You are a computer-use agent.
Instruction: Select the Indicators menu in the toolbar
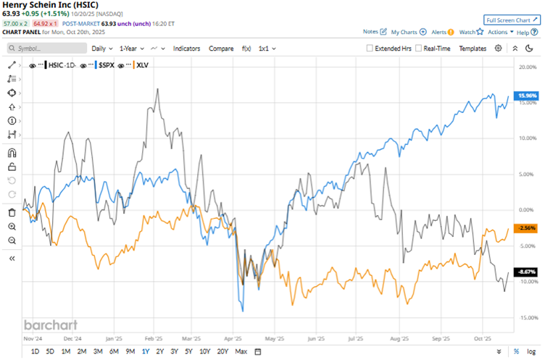coord(186,48)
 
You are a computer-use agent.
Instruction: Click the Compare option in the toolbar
coord(221,48)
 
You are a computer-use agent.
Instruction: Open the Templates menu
coord(473,48)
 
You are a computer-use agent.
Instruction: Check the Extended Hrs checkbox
coord(370,48)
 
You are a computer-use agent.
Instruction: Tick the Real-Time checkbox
coord(419,48)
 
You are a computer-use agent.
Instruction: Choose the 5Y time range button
coord(188,351)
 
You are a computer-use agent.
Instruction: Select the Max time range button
coord(241,351)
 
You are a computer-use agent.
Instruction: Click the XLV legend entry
coord(146,65)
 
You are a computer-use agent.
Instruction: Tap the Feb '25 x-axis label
coord(153,338)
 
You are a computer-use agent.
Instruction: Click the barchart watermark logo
coord(50,325)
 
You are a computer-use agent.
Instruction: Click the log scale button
coord(531,351)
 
